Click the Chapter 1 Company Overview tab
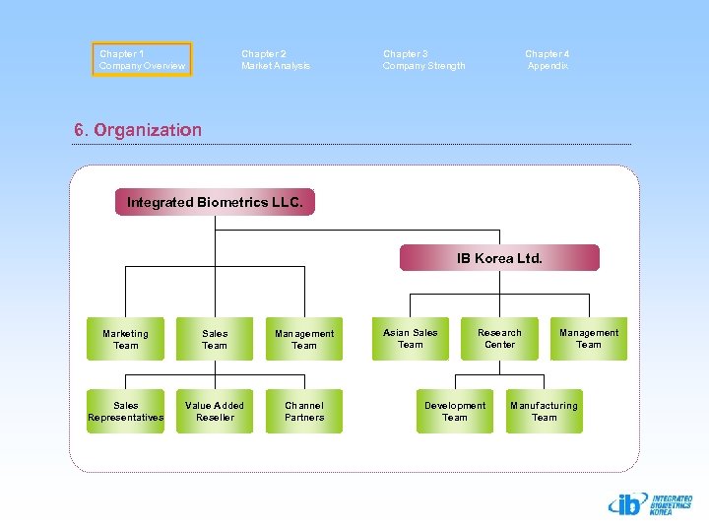(x=142, y=59)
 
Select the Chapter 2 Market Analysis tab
(x=276, y=59)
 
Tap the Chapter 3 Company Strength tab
(x=424, y=59)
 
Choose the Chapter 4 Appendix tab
(x=548, y=59)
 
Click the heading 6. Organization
(x=138, y=130)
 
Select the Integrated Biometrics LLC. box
(x=215, y=202)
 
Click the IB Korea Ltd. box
(x=499, y=258)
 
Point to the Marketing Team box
(x=125, y=339)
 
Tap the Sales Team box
(x=215, y=339)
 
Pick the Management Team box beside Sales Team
(x=304, y=339)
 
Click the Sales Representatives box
(x=125, y=411)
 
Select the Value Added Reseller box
(x=215, y=411)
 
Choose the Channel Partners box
(x=304, y=411)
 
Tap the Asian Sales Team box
(x=410, y=338)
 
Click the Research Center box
(x=499, y=338)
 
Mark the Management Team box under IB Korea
(x=589, y=338)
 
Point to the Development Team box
(x=455, y=411)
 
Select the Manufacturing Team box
(x=545, y=411)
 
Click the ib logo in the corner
(x=649, y=504)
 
